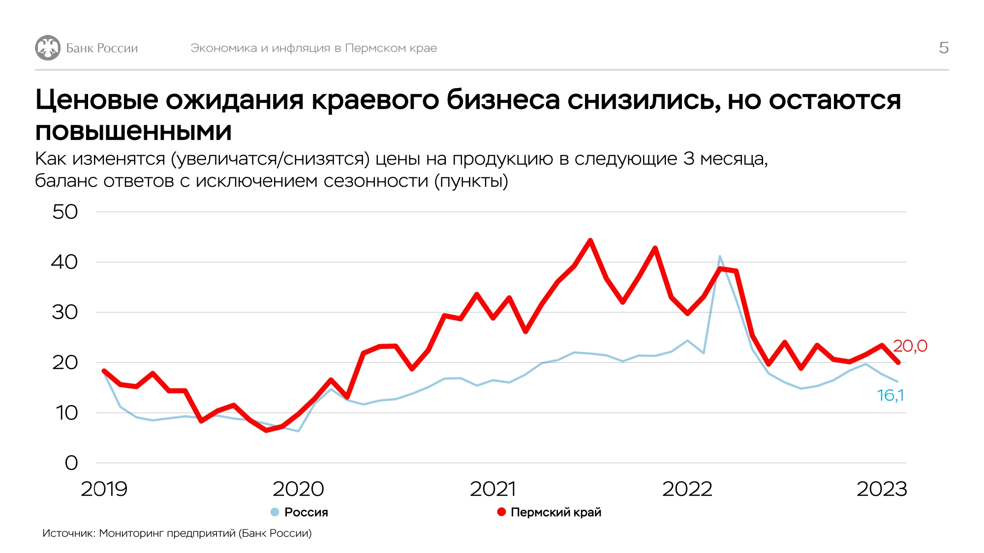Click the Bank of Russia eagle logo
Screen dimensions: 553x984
pyautogui.click(x=48, y=48)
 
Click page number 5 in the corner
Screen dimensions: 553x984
pyautogui.click(x=943, y=48)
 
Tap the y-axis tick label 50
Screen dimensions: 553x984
pyautogui.click(x=65, y=212)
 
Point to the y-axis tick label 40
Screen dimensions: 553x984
pyautogui.click(x=64, y=262)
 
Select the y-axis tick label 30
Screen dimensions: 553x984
pyautogui.click(x=65, y=312)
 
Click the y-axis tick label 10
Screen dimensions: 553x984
pyautogui.click(x=66, y=413)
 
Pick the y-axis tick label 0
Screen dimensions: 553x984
pyautogui.click(x=71, y=463)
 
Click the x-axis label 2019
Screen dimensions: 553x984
pyautogui.click(x=104, y=489)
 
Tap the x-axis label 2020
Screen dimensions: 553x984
pyautogui.click(x=298, y=489)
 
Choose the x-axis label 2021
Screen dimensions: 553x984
pyautogui.click(x=493, y=489)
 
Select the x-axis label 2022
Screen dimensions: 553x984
pyautogui.click(x=687, y=489)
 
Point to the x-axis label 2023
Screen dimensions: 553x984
pyautogui.click(x=882, y=489)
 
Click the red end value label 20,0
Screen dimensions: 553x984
pyautogui.click(x=910, y=346)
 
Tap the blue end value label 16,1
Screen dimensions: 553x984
pyautogui.click(x=891, y=395)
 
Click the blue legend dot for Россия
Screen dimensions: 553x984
pyautogui.click(x=275, y=512)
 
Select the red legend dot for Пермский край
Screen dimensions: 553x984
pyautogui.click(x=501, y=512)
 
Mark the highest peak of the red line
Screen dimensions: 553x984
pyautogui.click(x=590, y=240)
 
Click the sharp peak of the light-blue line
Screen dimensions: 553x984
pyautogui.click(x=720, y=256)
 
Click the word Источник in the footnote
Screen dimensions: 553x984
pyautogui.click(x=68, y=533)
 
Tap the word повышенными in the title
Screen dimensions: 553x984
pyautogui.click(x=133, y=132)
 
